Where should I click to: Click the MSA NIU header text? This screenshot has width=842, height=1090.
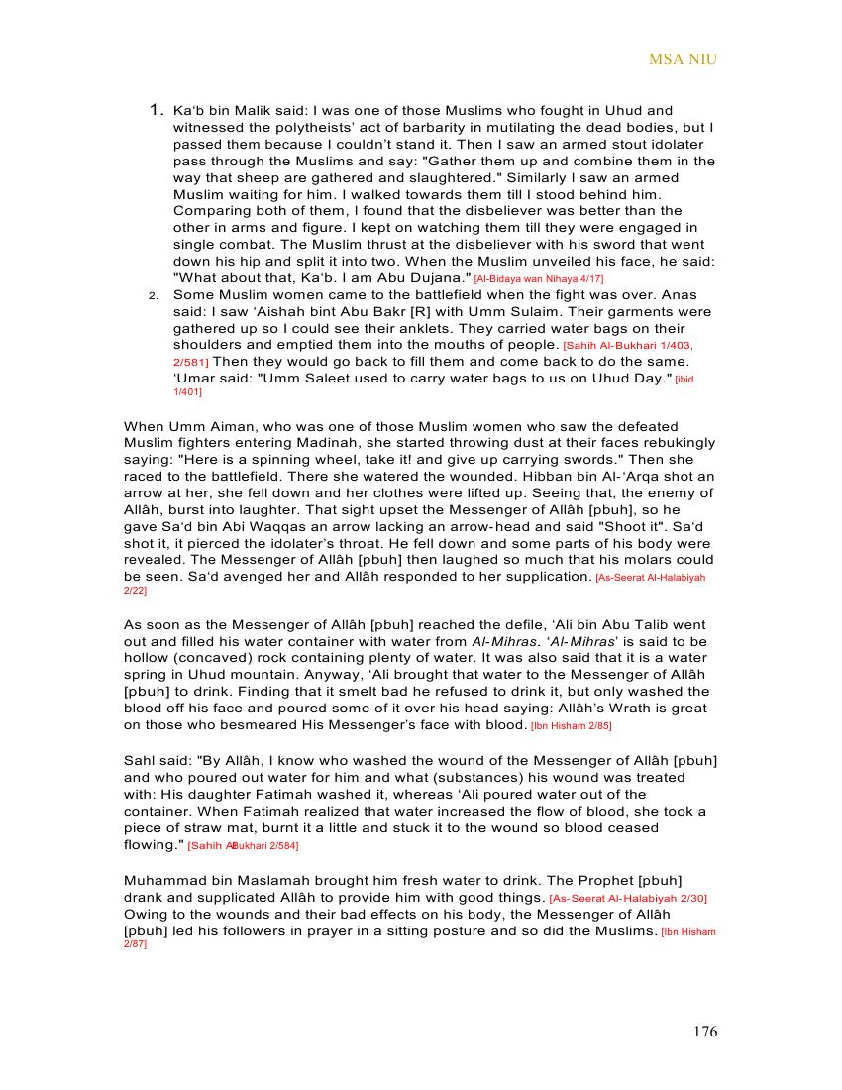683,59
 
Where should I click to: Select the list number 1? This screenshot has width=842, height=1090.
155,110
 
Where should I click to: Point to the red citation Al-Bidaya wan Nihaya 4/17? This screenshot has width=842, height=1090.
538,279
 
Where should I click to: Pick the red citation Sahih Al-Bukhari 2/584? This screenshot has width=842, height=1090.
243,846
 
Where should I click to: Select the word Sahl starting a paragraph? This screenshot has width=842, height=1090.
139,760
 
